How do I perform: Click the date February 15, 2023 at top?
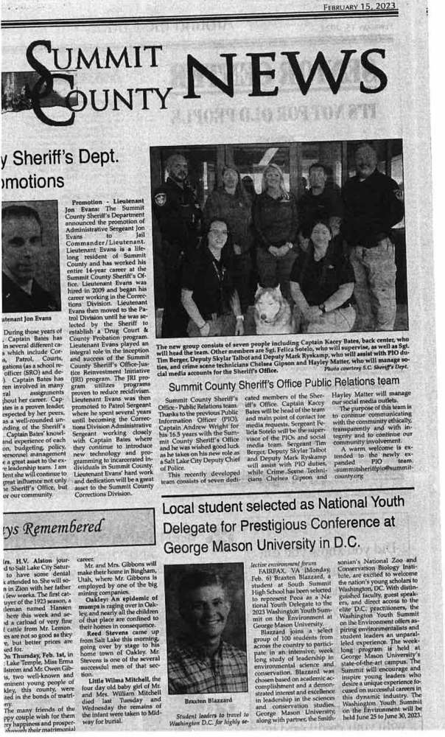pyautogui.click(x=359, y=7)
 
